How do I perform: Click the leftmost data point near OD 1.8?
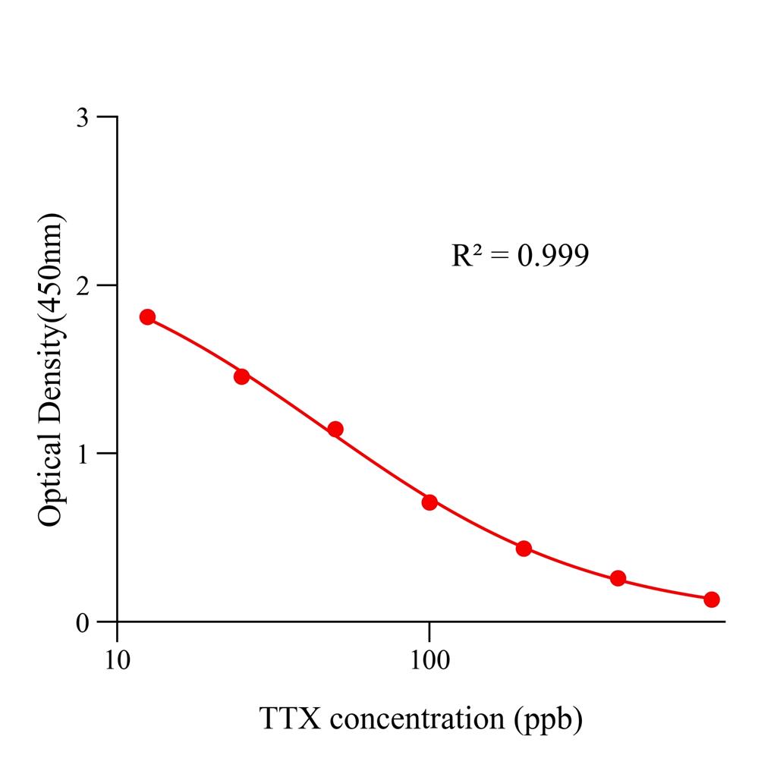pyautogui.click(x=147, y=317)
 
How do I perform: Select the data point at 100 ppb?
pyautogui.click(x=429, y=502)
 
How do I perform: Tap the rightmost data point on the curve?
pyautogui.click(x=712, y=599)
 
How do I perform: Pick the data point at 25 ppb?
pyautogui.click(x=241, y=376)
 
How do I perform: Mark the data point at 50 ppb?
pyautogui.click(x=335, y=429)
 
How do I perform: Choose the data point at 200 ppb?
pyautogui.click(x=524, y=549)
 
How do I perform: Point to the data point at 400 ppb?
pyautogui.click(x=618, y=578)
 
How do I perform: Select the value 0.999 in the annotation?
pyautogui.click(x=552, y=256)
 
